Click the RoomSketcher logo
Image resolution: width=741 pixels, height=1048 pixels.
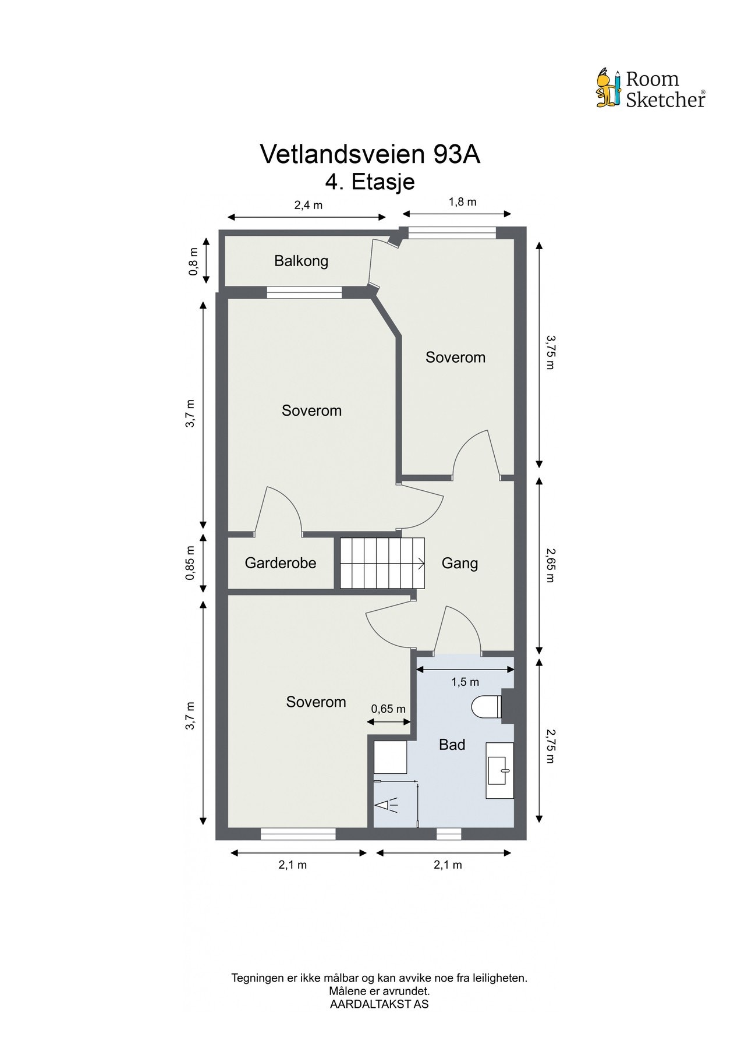[x=650, y=89]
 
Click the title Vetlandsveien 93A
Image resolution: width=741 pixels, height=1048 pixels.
[x=370, y=154]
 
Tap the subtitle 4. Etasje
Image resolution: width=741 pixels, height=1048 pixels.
[x=370, y=181]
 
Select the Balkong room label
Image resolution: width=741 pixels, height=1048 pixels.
[x=301, y=261]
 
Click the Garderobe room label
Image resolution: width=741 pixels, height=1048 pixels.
[x=280, y=563]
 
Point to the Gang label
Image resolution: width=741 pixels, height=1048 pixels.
[x=459, y=563]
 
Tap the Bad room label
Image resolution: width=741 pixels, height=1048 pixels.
[x=452, y=744]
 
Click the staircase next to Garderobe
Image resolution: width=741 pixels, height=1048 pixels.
[x=381, y=562]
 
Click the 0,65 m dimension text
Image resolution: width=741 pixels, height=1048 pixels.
[x=388, y=709]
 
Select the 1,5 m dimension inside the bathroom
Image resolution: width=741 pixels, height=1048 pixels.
[x=465, y=682]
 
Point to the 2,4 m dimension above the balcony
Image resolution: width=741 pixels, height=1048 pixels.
[x=308, y=205]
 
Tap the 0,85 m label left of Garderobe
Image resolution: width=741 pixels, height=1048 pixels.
[x=190, y=563]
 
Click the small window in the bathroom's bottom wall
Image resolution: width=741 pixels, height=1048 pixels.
[x=448, y=834]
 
